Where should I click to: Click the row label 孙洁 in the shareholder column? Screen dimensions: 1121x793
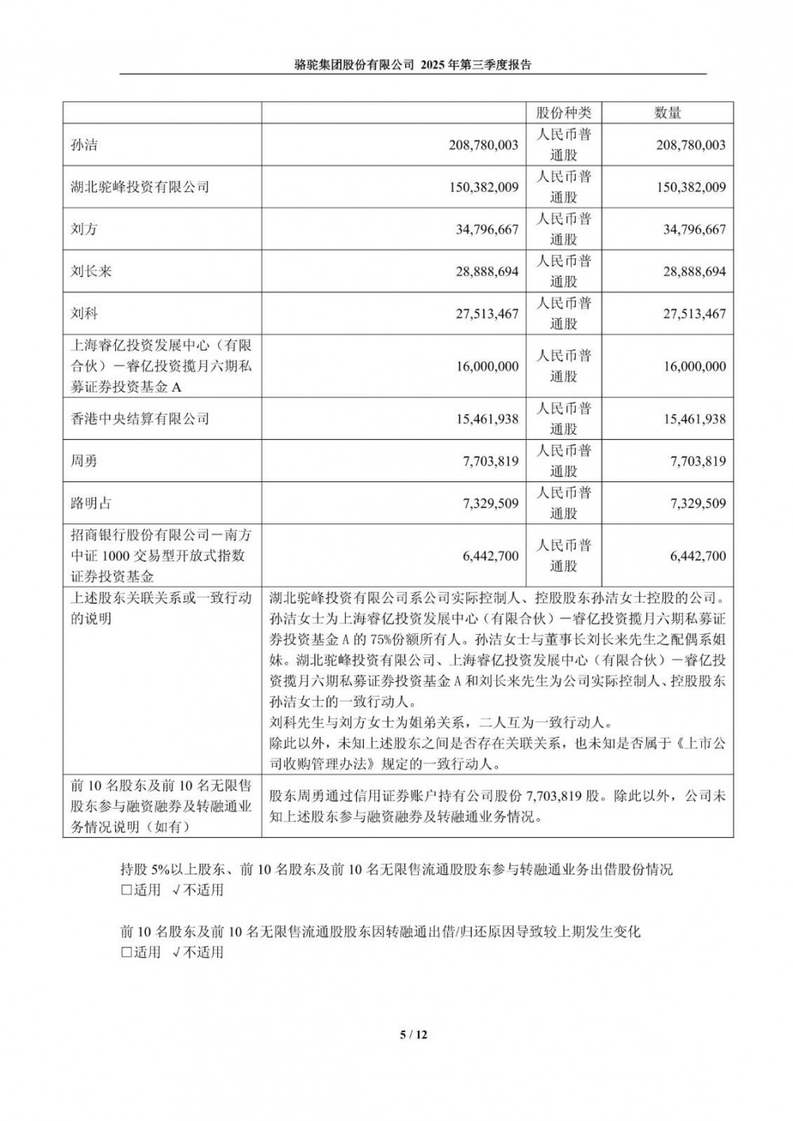click(x=84, y=146)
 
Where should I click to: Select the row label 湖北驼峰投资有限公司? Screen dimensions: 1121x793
click(x=140, y=188)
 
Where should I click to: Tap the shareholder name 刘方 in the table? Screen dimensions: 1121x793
click(x=84, y=230)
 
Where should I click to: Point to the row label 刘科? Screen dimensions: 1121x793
click(x=84, y=314)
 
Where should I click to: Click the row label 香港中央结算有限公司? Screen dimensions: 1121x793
click(x=140, y=419)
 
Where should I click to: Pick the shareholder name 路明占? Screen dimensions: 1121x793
click(x=91, y=503)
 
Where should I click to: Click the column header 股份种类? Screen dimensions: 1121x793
click(x=563, y=113)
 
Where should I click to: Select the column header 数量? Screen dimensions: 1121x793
click(x=668, y=113)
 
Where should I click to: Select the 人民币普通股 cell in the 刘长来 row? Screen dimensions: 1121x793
click(x=563, y=271)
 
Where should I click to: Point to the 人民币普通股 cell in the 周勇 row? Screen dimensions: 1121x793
click(x=563, y=461)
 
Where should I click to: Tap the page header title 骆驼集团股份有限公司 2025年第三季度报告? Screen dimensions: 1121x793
click(x=412, y=67)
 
